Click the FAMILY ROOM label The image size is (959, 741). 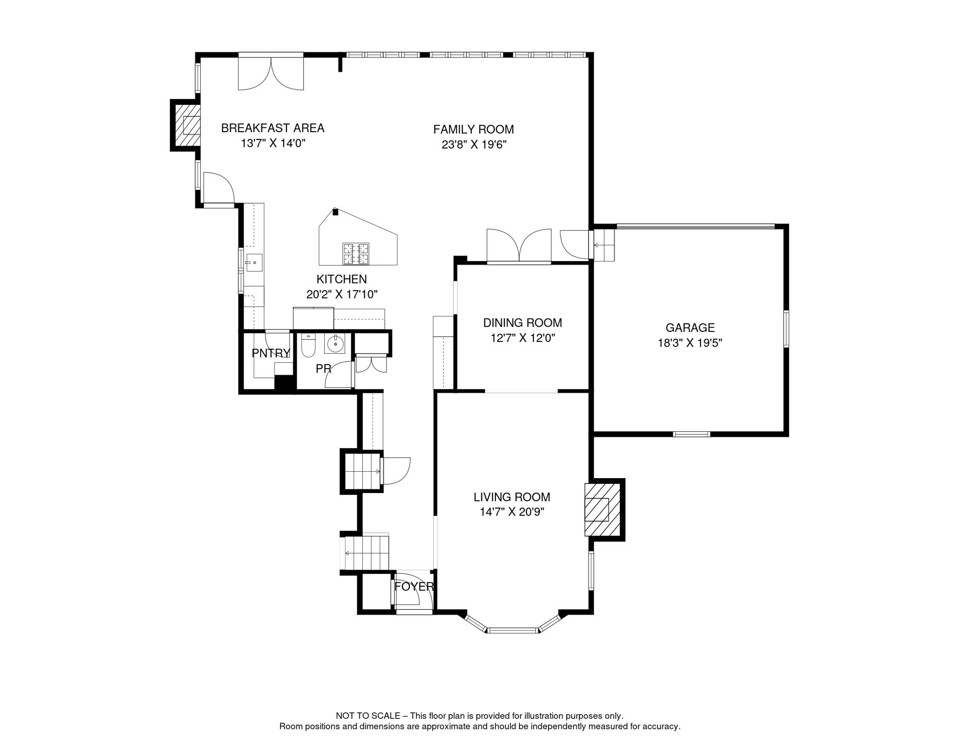tap(473, 129)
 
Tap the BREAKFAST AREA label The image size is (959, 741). tap(273, 128)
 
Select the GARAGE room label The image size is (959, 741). tap(690, 328)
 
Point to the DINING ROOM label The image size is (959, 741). tap(522, 323)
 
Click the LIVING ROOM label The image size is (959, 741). tap(511, 497)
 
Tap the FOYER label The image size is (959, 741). tap(414, 587)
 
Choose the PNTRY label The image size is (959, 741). tap(271, 353)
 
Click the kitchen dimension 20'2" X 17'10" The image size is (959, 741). tap(342, 294)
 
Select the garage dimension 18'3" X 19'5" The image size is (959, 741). tap(690, 343)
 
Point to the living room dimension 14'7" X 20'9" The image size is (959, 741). tap(511, 512)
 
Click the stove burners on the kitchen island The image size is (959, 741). tap(356, 254)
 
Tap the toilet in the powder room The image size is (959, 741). tap(308, 345)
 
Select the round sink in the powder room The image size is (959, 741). tap(334, 343)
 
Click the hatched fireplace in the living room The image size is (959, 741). tap(602, 509)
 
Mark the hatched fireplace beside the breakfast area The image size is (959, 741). tap(187, 125)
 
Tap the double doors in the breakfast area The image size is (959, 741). tap(271, 72)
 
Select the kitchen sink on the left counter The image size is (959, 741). tap(254, 263)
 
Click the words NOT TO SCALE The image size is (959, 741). tap(368, 716)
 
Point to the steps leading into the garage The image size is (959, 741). tap(604, 245)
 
